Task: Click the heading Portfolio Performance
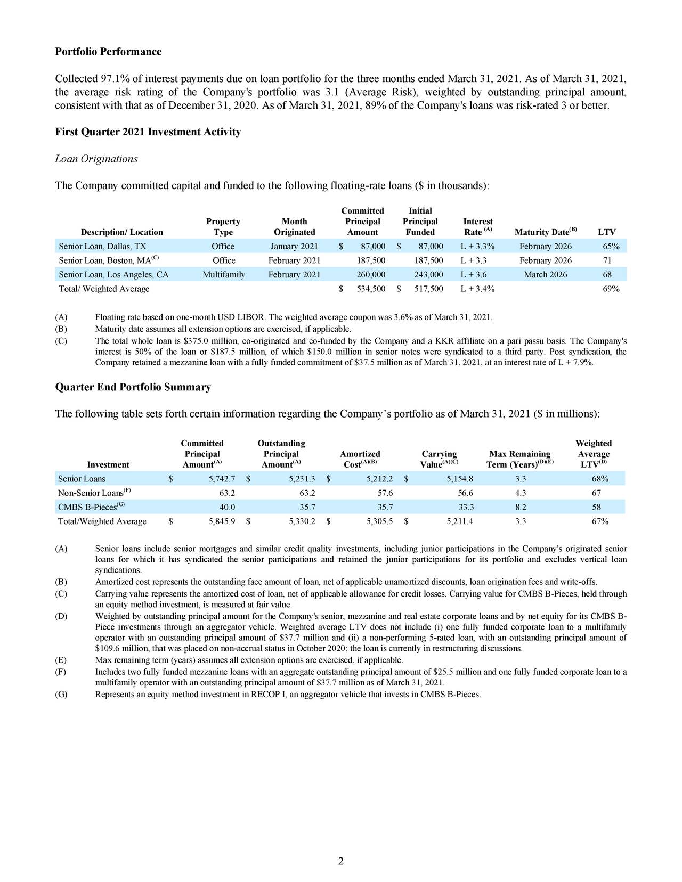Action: (108, 52)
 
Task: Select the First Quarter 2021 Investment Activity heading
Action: (148, 132)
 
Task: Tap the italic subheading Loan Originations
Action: (96, 159)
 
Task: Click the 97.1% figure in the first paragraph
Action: (112, 80)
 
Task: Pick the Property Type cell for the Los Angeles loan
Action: (223, 275)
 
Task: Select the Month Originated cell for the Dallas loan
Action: (294, 246)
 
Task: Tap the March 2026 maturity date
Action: (545, 275)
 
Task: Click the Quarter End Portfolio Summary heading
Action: (133, 387)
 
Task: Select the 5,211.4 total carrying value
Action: (458, 521)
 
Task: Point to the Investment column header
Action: (108, 464)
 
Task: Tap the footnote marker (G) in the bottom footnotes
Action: (61, 695)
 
